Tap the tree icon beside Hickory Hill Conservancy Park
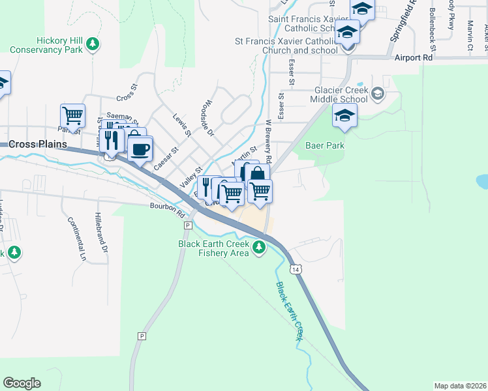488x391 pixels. [93, 44]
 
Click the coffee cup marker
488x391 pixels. [139, 149]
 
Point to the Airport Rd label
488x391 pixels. [414, 58]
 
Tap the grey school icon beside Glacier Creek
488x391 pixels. [377, 96]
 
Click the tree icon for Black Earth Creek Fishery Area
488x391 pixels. [260, 247]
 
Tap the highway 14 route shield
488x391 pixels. [297, 269]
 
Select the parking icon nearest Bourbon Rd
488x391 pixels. [187, 225]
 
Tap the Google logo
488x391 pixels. [22, 383]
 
